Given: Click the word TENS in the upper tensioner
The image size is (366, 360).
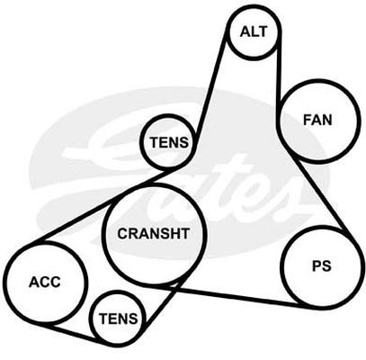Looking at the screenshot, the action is pos(169,142).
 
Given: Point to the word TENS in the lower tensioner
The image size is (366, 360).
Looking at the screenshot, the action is pos(119,319).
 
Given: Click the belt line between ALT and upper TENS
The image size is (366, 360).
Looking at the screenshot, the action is pos(210,90).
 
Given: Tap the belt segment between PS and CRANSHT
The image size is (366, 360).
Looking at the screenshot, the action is pos(234,295).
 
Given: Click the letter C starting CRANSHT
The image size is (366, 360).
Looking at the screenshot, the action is pos(123,234).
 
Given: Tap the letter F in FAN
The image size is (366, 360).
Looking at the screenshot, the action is pos(308,120).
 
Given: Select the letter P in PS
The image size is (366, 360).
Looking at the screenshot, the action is pos(317,266).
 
